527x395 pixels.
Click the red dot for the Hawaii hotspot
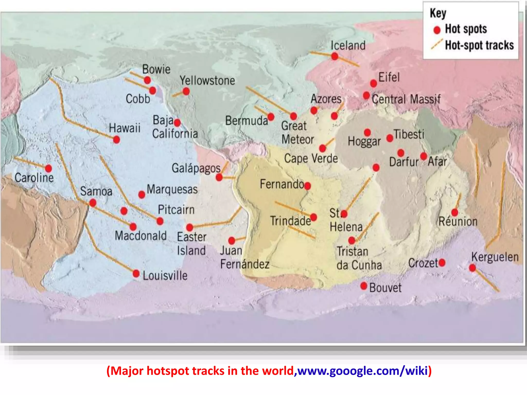pyautogui.click(x=117, y=140)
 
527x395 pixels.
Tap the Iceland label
pyautogui.click(x=348, y=46)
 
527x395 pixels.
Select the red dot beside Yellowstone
pyautogui.click(x=186, y=91)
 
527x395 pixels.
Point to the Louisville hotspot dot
pyautogui.click(x=136, y=274)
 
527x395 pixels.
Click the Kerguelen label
pyautogui.click(x=495, y=257)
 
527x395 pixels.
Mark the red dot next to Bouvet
pyautogui.click(x=364, y=286)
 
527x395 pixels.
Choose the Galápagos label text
pyautogui.click(x=196, y=168)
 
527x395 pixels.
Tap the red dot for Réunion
pyautogui.click(x=455, y=213)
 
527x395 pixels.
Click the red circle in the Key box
pyautogui.click(x=437, y=30)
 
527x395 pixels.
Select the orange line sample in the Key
pyautogui.click(x=437, y=44)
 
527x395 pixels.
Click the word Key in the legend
pyautogui.click(x=438, y=13)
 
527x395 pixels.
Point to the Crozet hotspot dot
pyautogui.click(x=442, y=263)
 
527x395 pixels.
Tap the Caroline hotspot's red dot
pyautogui.click(x=48, y=168)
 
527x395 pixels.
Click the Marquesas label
pyautogui.click(x=172, y=190)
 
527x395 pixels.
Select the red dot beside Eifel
pyautogui.click(x=373, y=83)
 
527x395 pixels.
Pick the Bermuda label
pyautogui.click(x=247, y=121)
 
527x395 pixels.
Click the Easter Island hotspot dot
pyautogui.click(x=190, y=227)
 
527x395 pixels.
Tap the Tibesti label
pyautogui.click(x=409, y=134)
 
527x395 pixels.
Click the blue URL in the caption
pyautogui.click(x=363, y=371)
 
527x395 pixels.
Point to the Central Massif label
pyautogui.click(x=406, y=99)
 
